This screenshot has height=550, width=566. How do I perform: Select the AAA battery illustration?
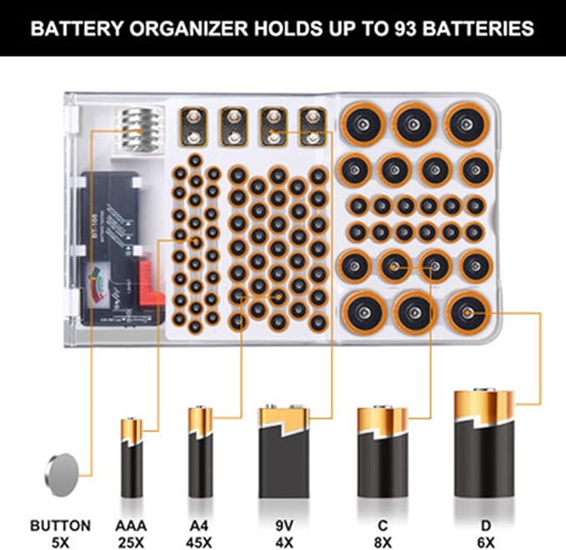click(133, 457)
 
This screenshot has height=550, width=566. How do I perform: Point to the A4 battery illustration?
click(200, 452)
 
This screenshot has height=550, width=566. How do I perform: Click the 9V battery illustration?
click(283, 452)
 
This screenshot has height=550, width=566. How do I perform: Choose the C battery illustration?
click(383, 452)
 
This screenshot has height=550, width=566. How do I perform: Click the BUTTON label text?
click(60, 527)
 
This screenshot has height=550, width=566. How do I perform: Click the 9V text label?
click(284, 527)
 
